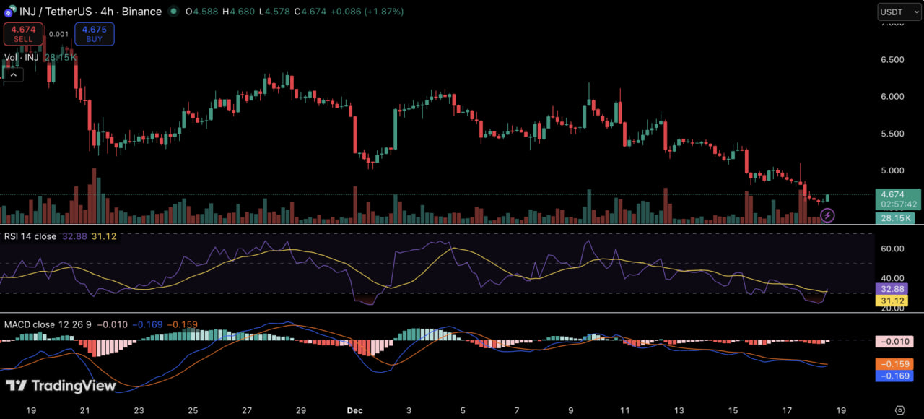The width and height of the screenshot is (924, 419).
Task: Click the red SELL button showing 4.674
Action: click(23, 33)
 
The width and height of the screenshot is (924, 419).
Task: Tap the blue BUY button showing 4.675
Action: click(94, 33)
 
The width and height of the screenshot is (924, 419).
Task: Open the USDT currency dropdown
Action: click(899, 12)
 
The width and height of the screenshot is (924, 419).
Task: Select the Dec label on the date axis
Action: click(354, 410)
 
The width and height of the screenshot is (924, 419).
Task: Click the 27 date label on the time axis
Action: click(247, 410)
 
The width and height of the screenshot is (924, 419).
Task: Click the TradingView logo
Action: click(61, 386)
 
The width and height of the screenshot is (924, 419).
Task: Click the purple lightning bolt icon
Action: click(828, 215)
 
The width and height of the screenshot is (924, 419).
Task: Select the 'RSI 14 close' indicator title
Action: click(30, 236)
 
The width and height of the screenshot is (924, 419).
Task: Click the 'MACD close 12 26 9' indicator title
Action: click(49, 324)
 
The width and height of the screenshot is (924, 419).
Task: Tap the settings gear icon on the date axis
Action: click(899, 410)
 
